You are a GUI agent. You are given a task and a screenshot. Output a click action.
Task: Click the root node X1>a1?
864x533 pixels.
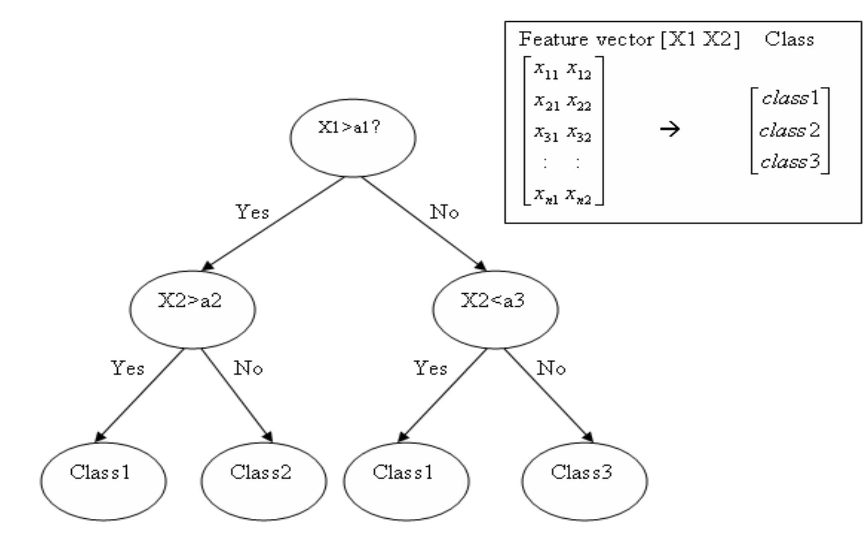point(353,138)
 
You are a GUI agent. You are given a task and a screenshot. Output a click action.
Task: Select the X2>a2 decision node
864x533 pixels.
point(192,309)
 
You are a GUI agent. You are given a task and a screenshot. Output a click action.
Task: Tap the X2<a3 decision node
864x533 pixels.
point(495,309)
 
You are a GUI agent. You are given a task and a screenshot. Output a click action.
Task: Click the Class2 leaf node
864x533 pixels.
point(263,481)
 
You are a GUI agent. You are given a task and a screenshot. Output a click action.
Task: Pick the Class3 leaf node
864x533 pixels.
point(584,481)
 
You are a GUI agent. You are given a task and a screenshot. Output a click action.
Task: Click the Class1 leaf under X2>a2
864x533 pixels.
point(103,481)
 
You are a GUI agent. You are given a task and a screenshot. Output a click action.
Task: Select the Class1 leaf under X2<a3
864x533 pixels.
point(406,481)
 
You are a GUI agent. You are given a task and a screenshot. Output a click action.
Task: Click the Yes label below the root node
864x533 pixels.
point(252,212)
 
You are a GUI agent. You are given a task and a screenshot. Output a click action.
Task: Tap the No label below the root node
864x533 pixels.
point(444,212)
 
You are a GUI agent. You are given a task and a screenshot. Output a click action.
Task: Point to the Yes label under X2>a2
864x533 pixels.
point(127,368)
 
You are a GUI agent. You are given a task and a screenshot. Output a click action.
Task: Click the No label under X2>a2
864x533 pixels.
point(248,368)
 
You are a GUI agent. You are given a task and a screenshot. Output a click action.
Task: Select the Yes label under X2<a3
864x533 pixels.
point(430,368)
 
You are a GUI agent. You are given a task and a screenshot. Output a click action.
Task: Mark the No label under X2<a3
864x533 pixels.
point(551,368)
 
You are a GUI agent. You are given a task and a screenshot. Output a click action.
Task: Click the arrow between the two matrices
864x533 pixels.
point(670,129)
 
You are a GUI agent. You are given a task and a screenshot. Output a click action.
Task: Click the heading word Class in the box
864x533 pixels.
point(789,39)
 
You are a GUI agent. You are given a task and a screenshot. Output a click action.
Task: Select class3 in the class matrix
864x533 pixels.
point(789,161)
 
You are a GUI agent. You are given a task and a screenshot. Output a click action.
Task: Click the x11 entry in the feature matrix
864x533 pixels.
point(545,70)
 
